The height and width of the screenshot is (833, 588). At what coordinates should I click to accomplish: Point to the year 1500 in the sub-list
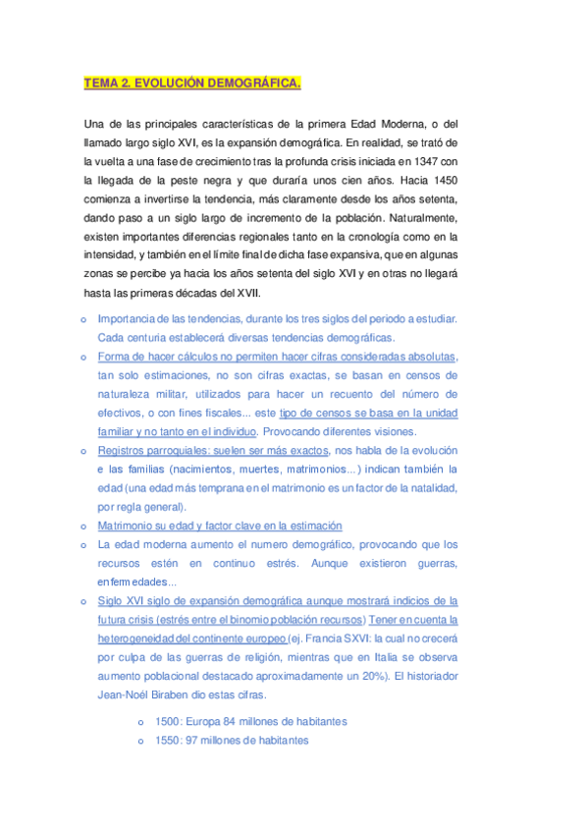coord(154,721)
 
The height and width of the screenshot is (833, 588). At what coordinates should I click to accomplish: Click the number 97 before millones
coord(194,741)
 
